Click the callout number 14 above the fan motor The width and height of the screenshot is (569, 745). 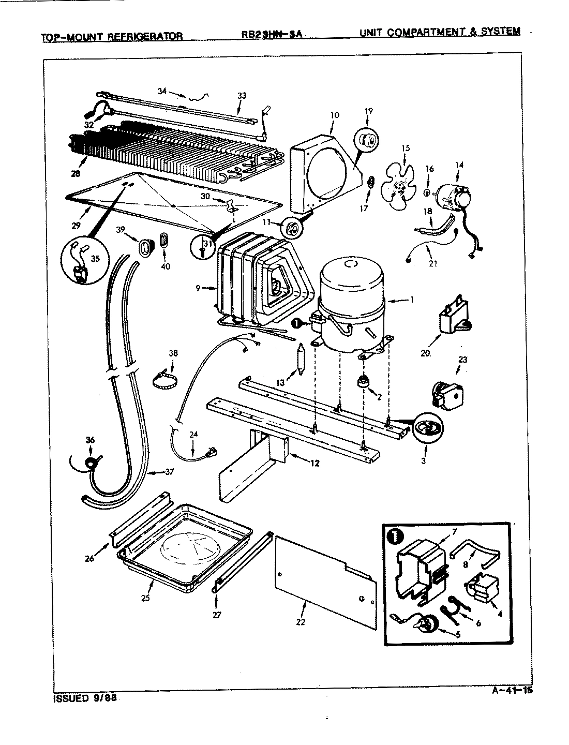[459, 165]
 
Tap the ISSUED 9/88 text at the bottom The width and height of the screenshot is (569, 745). [85, 697]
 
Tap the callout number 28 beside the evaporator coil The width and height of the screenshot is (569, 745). [76, 174]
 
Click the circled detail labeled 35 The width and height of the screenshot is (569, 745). [83, 262]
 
